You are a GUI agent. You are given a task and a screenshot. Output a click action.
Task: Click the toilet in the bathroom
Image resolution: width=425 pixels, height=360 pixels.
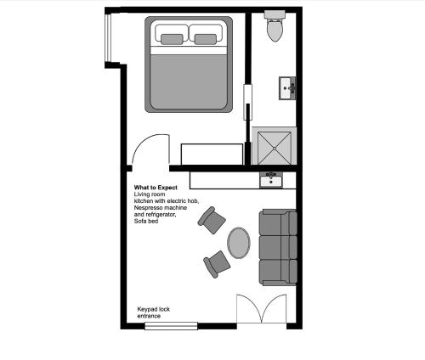[x=275, y=26]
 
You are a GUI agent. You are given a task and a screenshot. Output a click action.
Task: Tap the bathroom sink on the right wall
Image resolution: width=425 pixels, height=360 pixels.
[x=287, y=88]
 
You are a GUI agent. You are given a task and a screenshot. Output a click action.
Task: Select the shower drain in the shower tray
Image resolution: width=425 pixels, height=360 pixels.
[x=275, y=148]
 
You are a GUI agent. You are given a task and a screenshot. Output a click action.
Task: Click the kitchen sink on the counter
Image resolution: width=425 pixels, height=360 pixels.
[x=271, y=180]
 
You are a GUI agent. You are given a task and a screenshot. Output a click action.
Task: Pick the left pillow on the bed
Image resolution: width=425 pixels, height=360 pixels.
[x=172, y=39]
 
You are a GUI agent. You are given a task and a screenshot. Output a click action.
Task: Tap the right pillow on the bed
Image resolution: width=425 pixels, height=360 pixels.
[x=206, y=39]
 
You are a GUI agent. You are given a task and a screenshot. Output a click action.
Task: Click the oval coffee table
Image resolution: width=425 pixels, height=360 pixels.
[x=239, y=243]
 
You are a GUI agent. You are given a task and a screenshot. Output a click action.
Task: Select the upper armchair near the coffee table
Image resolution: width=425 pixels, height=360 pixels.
[x=212, y=220]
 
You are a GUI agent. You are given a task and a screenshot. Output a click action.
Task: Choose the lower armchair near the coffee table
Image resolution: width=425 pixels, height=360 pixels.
[x=217, y=264]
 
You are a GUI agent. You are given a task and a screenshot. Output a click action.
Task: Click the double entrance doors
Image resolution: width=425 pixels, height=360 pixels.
[x=262, y=309]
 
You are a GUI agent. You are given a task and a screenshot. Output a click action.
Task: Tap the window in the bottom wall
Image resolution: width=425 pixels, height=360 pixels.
[x=171, y=326]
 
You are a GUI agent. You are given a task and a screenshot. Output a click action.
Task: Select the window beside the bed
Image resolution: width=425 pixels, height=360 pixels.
[x=108, y=37]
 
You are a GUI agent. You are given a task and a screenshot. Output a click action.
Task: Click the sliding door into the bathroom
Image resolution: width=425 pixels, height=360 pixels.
[x=248, y=102]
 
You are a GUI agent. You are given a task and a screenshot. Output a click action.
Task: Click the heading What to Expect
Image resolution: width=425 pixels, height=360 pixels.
[x=156, y=188]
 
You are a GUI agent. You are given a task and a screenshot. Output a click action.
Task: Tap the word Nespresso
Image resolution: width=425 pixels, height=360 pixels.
[x=147, y=208]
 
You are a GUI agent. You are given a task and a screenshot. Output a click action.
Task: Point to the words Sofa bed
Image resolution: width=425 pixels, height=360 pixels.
[x=146, y=221]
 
